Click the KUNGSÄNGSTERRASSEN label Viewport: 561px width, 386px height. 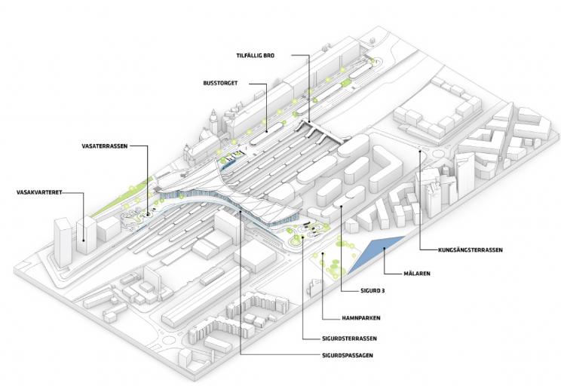coord(470,250)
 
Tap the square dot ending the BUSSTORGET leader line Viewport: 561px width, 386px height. coord(265,120)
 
